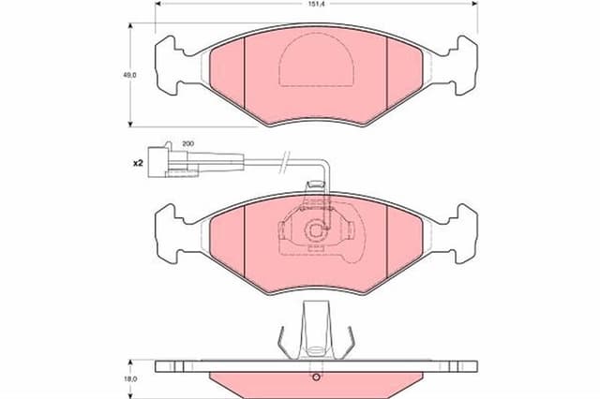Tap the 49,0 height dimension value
click(x=129, y=75)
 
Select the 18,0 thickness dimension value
click(x=130, y=379)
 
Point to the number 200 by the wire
click(x=187, y=143)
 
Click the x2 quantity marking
click(x=138, y=163)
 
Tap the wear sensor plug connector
click(x=173, y=163)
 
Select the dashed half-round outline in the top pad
click(x=316, y=60)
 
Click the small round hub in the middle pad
click(x=316, y=230)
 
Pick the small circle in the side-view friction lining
click(x=316, y=377)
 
